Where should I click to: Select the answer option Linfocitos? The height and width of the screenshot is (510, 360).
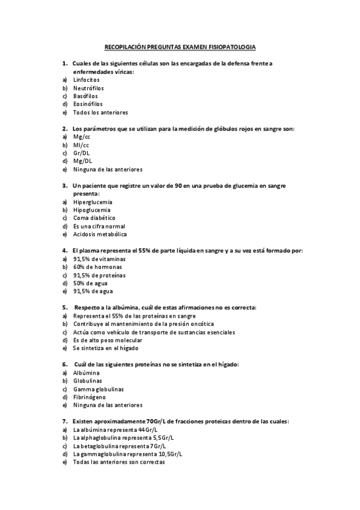(87, 79)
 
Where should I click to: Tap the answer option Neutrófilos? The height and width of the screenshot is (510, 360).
(89, 88)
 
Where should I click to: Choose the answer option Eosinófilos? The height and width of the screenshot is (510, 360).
(88, 104)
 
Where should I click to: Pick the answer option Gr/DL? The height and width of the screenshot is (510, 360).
(82, 153)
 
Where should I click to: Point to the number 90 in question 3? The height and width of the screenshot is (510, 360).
(178, 186)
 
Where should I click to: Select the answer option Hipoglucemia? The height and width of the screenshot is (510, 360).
(93, 210)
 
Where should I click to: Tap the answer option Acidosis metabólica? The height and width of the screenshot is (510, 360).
(100, 234)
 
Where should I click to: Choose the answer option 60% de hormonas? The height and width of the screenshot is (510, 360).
(97, 266)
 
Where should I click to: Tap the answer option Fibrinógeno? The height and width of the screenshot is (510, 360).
(90, 397)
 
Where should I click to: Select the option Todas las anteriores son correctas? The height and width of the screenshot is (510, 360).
(118, 462)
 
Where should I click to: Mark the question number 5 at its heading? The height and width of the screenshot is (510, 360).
(64, 307)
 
